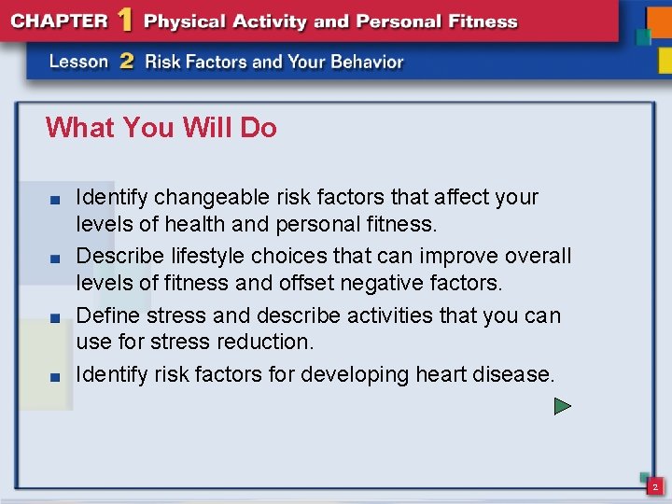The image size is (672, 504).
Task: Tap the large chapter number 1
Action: click(x=124, y=21)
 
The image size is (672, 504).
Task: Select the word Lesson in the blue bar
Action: click(x=79, y=62)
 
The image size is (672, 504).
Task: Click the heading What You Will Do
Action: click(x=161, y=127)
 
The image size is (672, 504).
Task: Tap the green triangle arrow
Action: click(x=562, y=406)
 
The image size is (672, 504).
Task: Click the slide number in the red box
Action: click(x=655, y=487)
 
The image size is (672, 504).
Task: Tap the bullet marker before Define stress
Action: click(x=56, y=317)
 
